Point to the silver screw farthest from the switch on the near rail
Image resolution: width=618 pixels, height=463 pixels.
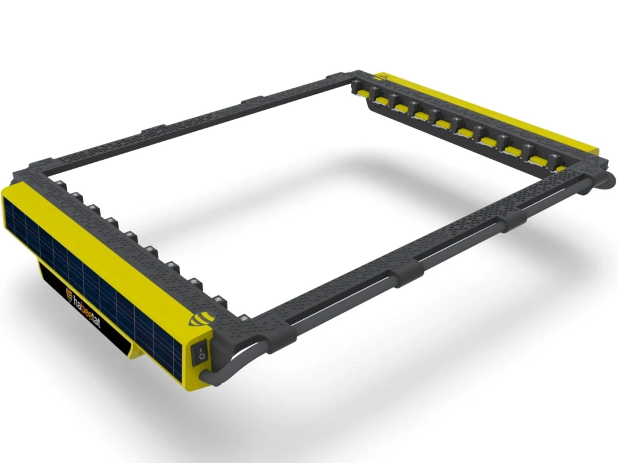coord(62,183)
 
